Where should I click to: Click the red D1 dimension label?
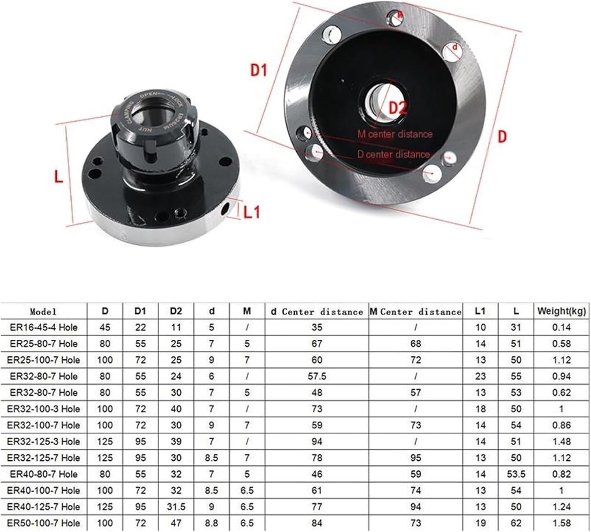(x=259, y=70)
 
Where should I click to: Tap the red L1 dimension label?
(x=252, y=212)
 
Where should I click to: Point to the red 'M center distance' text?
(x=395, y=134)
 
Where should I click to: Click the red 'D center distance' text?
(x=393, y=154)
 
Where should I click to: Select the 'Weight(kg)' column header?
(x=561, y=311)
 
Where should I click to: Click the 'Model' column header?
(x=43, y=312)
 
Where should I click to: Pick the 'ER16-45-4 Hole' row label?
(x=44, y=327)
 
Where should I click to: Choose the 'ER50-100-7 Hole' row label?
(x=44, y=523)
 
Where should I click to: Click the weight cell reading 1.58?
(x=561, y=523)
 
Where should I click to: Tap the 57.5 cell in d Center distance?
(x=317, y=376)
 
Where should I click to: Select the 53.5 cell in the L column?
(x=516, y=474)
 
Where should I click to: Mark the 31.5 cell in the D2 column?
(x=176, y=507)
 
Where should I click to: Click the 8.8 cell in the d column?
(x=212, y=523)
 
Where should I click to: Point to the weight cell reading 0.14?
(x=561, y=327)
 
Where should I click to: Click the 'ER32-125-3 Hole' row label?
(x=44, y=441)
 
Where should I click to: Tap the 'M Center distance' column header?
(x=416, y=312)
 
